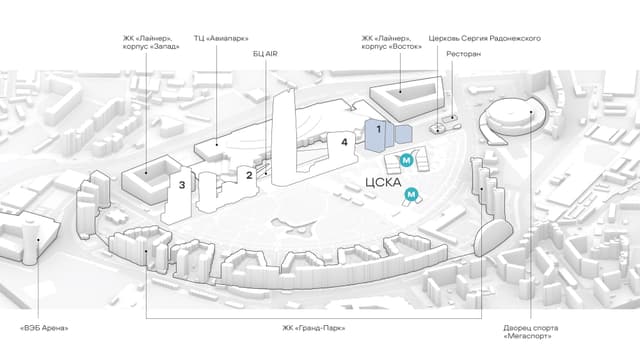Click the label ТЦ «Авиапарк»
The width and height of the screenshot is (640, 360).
coord(221,39)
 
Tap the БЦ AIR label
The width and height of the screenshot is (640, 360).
coord(265,54)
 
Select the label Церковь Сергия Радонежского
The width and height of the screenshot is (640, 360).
coord(484,38)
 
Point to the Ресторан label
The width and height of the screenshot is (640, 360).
coord(463,54)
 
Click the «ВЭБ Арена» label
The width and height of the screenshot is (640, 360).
coord(44,328)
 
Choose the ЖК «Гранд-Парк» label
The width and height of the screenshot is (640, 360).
coord(313,328)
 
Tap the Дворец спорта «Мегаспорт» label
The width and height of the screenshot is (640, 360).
coord(530,332)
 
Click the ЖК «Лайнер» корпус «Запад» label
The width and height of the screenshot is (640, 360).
coord(151,42)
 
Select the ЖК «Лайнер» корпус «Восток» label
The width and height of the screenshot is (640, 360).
coord(391,42)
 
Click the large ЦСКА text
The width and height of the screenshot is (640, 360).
coord(383,182)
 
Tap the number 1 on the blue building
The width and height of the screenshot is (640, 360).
coord(378,129)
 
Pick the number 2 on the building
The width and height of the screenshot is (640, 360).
coord(249,176)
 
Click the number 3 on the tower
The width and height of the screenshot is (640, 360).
coord(182,185)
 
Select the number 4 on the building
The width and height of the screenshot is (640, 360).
coord(344,142)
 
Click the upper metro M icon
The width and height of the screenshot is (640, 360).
coord(407,160)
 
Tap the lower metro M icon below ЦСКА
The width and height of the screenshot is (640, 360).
coord(411,194)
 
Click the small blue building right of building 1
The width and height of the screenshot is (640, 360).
coord(404,134)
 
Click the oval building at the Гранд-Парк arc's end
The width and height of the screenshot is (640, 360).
coord(493,237)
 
